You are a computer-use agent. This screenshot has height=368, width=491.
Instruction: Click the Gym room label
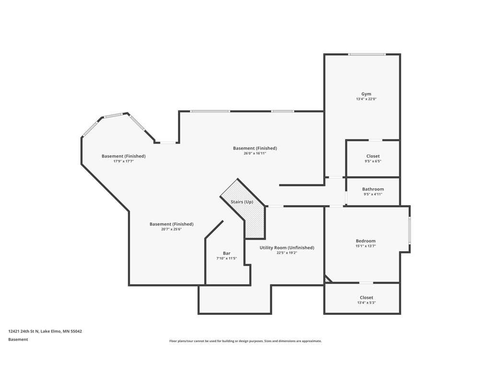click(366, 94)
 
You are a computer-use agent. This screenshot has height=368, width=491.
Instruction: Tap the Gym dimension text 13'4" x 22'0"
click(366, 99)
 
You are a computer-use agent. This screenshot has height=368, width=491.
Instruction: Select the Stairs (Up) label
click(242, 202)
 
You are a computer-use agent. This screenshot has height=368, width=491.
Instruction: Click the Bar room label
click(227, 253)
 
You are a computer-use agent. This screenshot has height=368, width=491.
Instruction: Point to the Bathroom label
click(373, 189)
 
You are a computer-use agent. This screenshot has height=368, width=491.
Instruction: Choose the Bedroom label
click(365, 241)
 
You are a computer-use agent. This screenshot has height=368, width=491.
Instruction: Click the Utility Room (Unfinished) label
click(287, 248)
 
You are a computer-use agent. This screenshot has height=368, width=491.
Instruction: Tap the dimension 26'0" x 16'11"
click(255, 153)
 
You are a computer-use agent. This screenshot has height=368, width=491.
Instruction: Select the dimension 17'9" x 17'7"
click(123, 161)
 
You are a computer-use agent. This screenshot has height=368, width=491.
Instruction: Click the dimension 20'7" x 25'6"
click(171, 229)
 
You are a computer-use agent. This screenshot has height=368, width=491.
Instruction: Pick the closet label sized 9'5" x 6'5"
click(373, 156)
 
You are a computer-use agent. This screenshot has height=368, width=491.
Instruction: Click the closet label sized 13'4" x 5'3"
click(366, 298)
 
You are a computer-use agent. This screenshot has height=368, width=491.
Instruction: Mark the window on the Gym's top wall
click(367, 55)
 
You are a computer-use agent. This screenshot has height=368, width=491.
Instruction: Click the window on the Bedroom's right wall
click(409, 230)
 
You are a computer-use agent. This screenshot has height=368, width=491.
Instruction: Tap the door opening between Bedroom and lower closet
click(366, 283)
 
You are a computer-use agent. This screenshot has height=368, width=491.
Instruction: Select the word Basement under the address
click(18, 340)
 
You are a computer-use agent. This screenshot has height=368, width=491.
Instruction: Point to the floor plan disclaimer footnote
click(245, 341)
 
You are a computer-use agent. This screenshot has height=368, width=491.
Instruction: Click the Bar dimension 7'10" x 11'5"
click(226, 258)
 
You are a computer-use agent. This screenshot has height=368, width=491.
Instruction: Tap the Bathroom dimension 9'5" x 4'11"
click(373, 194)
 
